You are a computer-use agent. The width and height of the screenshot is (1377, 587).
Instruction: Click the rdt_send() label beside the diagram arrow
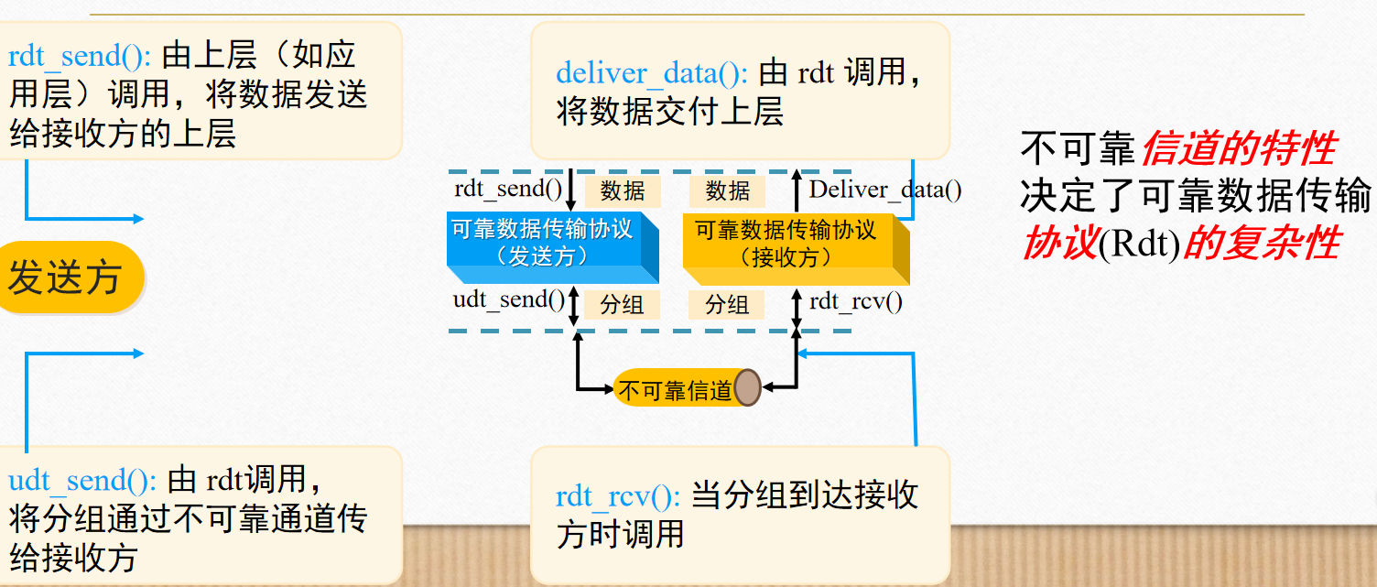coord(507,190)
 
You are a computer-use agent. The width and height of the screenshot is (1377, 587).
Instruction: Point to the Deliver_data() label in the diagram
coord(885,190)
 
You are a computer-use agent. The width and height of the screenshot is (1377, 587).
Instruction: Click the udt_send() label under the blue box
coord(509,300)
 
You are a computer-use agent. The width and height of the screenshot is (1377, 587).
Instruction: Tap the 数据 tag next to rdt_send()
coord(623,190)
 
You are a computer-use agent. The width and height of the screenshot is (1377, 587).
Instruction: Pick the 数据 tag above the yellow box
coord(728,190)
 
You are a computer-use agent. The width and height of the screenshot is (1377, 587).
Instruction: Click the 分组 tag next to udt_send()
coord(623,304)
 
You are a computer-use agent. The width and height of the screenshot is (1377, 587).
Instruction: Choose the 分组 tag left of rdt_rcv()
coord(728,304)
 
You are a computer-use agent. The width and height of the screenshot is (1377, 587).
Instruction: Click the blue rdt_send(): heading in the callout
coord(80,56)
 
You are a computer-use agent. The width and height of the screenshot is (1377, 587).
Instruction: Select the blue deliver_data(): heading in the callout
coord(652,73)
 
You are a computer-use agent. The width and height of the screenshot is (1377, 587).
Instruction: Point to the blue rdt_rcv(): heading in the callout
coord(617,496)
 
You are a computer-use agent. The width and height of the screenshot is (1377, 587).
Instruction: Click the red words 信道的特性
coord(1238,149)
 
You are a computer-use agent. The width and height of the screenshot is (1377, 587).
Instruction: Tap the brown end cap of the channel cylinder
coord(747,388)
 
